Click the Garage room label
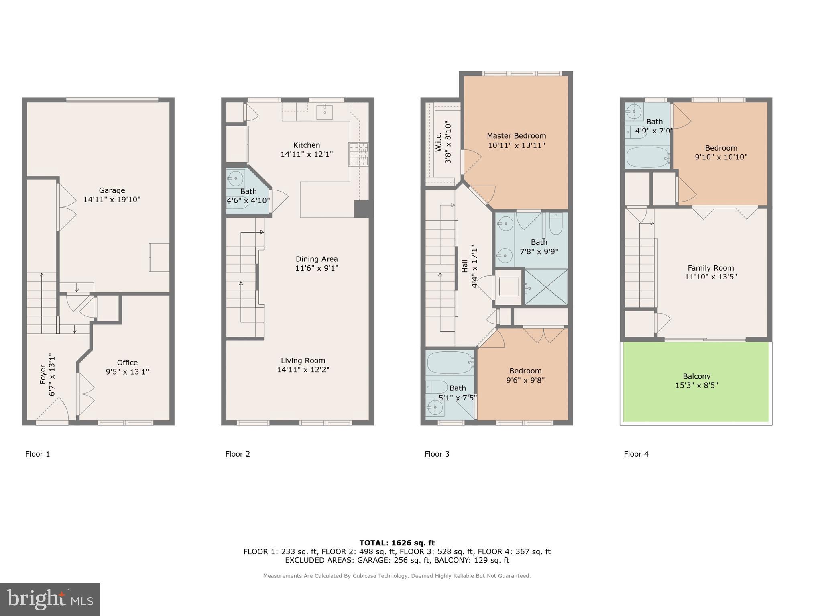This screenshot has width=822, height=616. [112, 190]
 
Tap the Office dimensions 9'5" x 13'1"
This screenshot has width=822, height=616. [127, 372]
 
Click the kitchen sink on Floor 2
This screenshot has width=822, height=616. [324, 112]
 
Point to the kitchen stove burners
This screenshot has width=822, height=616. [358, 154]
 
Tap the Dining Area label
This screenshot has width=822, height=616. [317, 259]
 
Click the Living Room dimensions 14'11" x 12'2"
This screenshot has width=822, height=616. [303, 370]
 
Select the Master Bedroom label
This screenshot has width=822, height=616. [516, 136]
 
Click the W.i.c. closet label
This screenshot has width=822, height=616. [439, 142]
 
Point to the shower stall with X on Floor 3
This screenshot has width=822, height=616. [546, 287]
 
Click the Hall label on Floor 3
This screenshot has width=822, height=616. [465, 266]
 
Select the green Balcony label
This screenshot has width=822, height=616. [696, 376]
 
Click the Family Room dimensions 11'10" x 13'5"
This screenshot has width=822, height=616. [711, 277]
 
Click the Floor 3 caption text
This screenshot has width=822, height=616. [437, 454]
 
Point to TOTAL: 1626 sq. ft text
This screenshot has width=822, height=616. [397, 543]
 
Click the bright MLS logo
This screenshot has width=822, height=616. [50, 599]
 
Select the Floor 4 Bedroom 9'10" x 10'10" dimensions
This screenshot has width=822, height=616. [721, 157]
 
